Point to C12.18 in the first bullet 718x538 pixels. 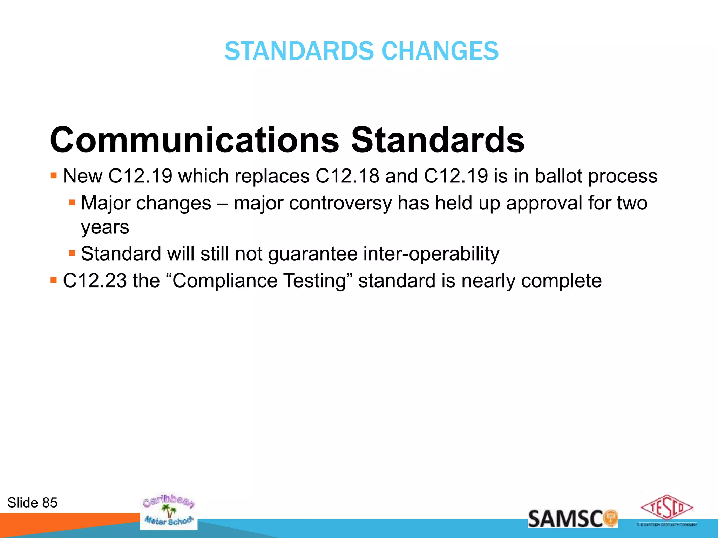[347, 176]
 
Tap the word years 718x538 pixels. [105, 228]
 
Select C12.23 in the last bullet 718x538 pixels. [95, 281]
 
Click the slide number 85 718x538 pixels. [49, 503]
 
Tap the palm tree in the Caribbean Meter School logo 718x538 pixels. [170, 511]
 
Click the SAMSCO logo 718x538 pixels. [573, 519]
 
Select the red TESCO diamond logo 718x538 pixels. [666, 508]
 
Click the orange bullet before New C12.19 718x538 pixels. [54, 175]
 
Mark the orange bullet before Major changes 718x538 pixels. [72, 202]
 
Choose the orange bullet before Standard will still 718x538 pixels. [72, 253]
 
